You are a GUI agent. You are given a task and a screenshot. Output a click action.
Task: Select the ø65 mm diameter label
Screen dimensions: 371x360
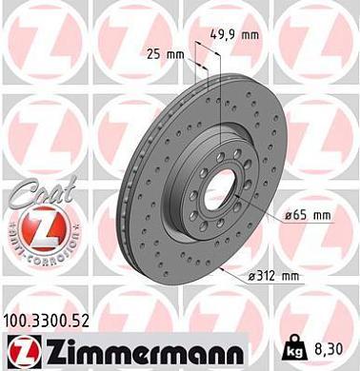tap(307, 216)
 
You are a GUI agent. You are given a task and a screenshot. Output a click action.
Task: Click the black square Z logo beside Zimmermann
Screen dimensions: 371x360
tap(22, 347)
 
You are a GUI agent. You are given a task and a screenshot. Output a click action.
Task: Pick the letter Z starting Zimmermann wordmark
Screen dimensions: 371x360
tap(51, 347)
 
